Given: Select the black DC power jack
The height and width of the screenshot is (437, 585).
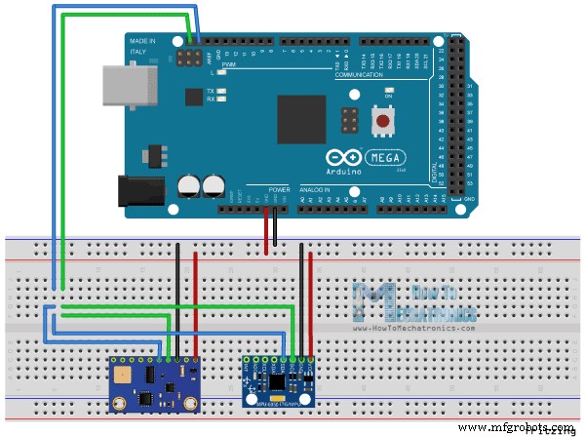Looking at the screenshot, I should click(x=137, y=190).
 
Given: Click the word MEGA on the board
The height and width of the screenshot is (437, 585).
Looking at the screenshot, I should click(x=381, y=156).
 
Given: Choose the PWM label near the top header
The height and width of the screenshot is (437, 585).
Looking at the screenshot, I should click(x=230, y=64).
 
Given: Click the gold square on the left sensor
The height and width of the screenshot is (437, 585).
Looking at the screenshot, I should click(x=123, y=373).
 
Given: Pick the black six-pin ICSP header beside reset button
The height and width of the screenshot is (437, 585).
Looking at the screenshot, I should click(x=348, y=122).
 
